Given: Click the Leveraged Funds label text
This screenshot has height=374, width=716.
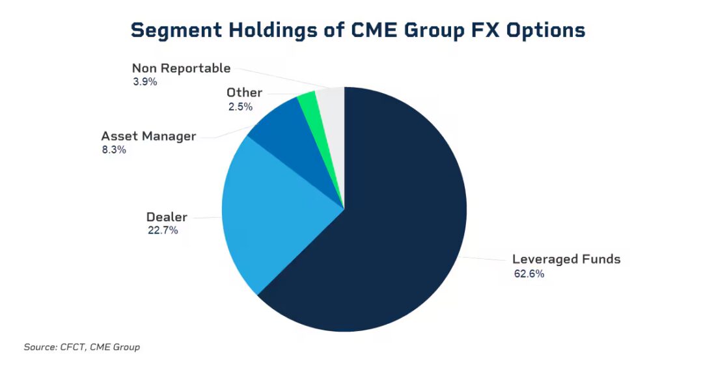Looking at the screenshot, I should pyautogui.click(x=566, y=259).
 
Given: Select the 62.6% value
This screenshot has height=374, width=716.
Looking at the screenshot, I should pyautogui.click(x=529, y=274).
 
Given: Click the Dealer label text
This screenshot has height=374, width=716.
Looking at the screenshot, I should pyautogui.click(x=167, y=217).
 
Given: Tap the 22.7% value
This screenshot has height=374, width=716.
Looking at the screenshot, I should pyautogui.click(x=162, y=230).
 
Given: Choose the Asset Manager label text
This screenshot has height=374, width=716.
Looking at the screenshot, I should pyautogui.click(x=148, y=136).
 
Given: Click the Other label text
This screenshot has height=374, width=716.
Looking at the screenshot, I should pyautogui.click(x=244, y=92).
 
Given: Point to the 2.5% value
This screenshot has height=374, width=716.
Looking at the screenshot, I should pyautogui.click(x=240, y=106).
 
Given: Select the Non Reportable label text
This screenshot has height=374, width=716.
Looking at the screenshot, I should pyautogui.click(x=181, y=68).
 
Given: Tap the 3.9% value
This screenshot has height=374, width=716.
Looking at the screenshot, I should pyautogui.click(x=144, y=82).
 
